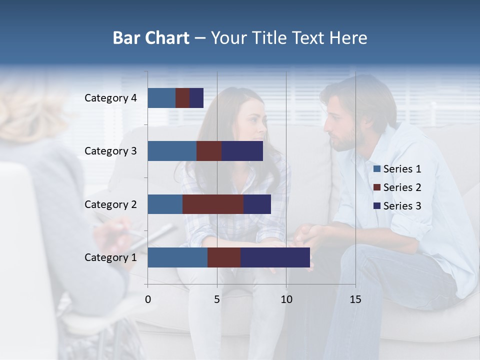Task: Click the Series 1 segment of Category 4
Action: (161, 98)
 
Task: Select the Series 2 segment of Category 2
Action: (213, 204)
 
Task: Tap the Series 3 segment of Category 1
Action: (275, 257)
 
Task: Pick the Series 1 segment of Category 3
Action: (172, 151)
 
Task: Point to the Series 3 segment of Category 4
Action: (196, 98)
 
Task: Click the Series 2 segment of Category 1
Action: (224, 257)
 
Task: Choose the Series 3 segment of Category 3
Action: (242, 151)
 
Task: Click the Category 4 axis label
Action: (110, 98)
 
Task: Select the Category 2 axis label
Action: (110, 204)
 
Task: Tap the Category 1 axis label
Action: (110, 257)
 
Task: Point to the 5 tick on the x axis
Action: (217, 299)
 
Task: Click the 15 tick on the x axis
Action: (355, 299)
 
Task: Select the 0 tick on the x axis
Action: (148, 299)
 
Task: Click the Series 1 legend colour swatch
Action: (376, 169)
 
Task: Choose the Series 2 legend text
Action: (402, 187)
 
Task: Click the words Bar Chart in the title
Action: (151, 38)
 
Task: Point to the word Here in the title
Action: (348, 38)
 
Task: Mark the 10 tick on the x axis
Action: (286, 299)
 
